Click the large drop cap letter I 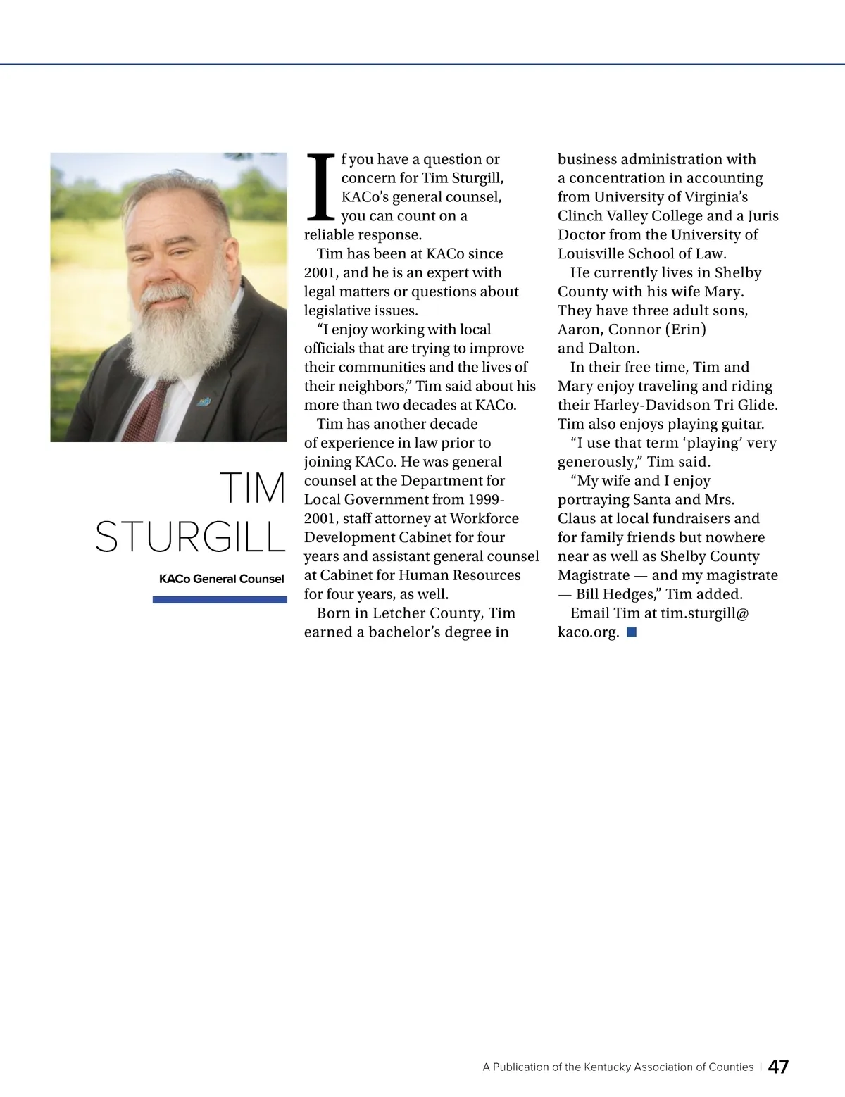(x=320, y=187)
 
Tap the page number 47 (x=778, y=1067)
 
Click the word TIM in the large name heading (x=252, y=488)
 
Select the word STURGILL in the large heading (x=190, y=537)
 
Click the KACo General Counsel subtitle (x=221, y=579)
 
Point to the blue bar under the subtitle (x=220, y=600)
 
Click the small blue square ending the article (x=632, y=632)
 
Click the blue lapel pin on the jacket (x=204, y=402)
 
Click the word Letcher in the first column (x=399, y=613)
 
